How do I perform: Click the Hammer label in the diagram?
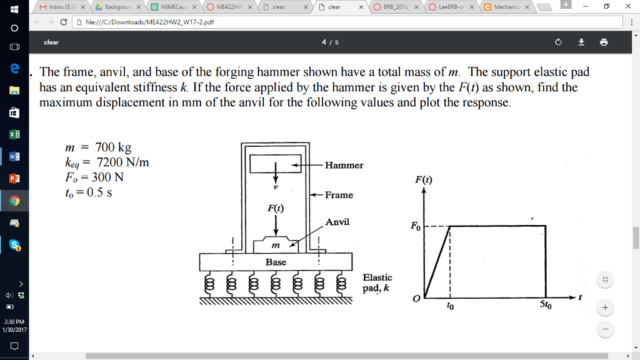[x=344, y=166]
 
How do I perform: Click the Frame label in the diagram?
[x=339, y=195]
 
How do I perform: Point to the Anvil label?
[x=337, y=222]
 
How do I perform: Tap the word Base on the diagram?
[x=276, y=262]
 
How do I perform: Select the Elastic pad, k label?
[x=377, y=282]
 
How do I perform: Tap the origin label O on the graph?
[x=416, y=301]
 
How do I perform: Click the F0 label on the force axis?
[x=416, y=227]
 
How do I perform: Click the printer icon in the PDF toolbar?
[x=603, y=42]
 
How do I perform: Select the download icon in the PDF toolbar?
[x=581, y=42]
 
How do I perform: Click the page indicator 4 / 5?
[x=329, y=42]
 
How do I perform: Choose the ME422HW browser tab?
[x=227, y=7]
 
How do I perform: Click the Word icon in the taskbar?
[x=14, y=156]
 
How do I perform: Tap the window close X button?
[x=627, y=6]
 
